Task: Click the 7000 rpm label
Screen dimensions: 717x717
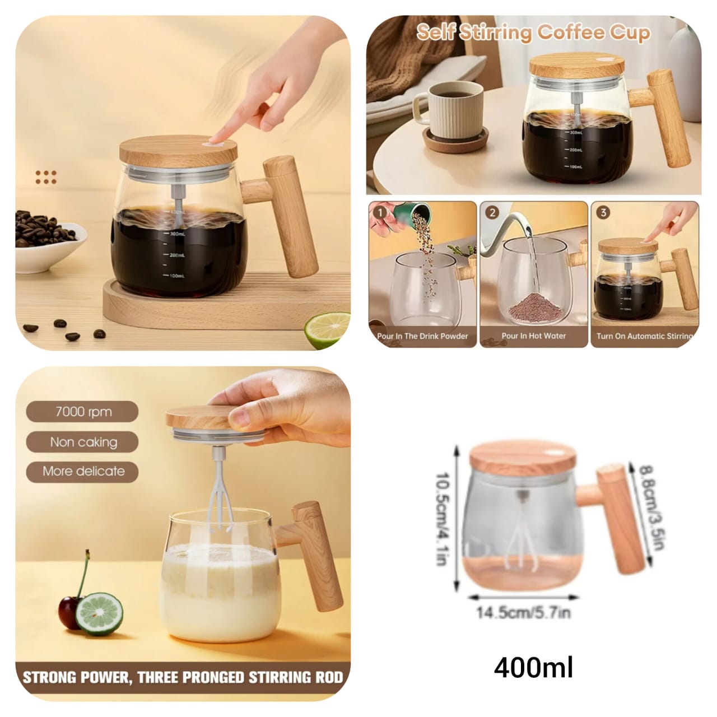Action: (83, 412)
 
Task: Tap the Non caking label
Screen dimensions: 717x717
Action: (83, 442)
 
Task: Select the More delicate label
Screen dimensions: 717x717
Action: (83, 471)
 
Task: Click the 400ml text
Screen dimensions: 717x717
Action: (533, 668)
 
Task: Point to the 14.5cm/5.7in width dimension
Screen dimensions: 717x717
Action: (523, 612)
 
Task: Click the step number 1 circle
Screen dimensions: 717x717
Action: (381, 213)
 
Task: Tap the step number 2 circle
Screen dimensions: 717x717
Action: (492, 213)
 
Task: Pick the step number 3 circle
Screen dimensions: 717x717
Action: (603, 213)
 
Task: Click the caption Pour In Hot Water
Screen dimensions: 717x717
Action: (533, 336)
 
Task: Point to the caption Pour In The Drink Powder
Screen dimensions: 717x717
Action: (422, 336)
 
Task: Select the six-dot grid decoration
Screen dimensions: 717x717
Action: (46, 177)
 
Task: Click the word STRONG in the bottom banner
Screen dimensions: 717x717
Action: (49, 677)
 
